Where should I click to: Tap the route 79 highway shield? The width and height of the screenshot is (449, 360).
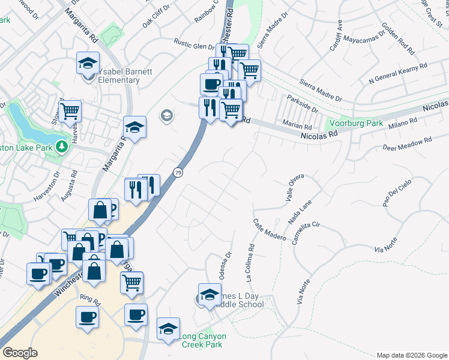point(178,173)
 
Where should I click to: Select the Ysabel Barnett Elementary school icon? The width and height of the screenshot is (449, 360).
point(88,62)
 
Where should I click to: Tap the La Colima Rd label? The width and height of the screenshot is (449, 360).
point(250,262)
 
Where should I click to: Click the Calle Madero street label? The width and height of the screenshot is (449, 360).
point(270,230)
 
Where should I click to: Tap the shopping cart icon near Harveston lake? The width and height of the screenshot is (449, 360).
point(70,110)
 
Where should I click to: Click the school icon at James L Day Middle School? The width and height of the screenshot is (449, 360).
point(209,295)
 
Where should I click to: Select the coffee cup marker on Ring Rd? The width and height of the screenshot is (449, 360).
point(86,316)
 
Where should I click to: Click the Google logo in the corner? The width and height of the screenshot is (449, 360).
point(20,353)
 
